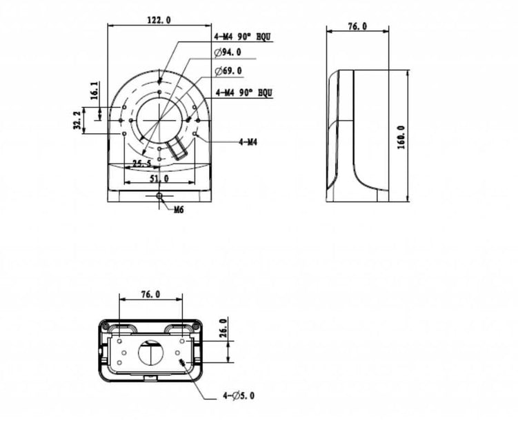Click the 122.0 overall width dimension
pyautogui.click(x=159, y=21)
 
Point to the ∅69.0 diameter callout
pyautogui.click(x=228, y=72)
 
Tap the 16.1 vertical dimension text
pyautogui.click(x=94, y=90)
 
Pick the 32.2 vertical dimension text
pyautogui.click(x=77, y=121)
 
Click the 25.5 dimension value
pyautogui.click(x=141, y=164)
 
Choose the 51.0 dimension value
pyautogui.click(x=159, y=179)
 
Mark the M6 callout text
pyautogui.click(x=178, y=209)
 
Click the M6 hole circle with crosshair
pyautogui.click(x=159, y=197)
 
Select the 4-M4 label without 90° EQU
pyautogui.click(x=248, y=142)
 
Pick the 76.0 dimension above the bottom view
pyautogui.click(x=150, y=294)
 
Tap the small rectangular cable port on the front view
pyautogui.click(x=179, y=148)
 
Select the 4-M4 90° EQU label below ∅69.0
pyautogui.click(x=243, y=91)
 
